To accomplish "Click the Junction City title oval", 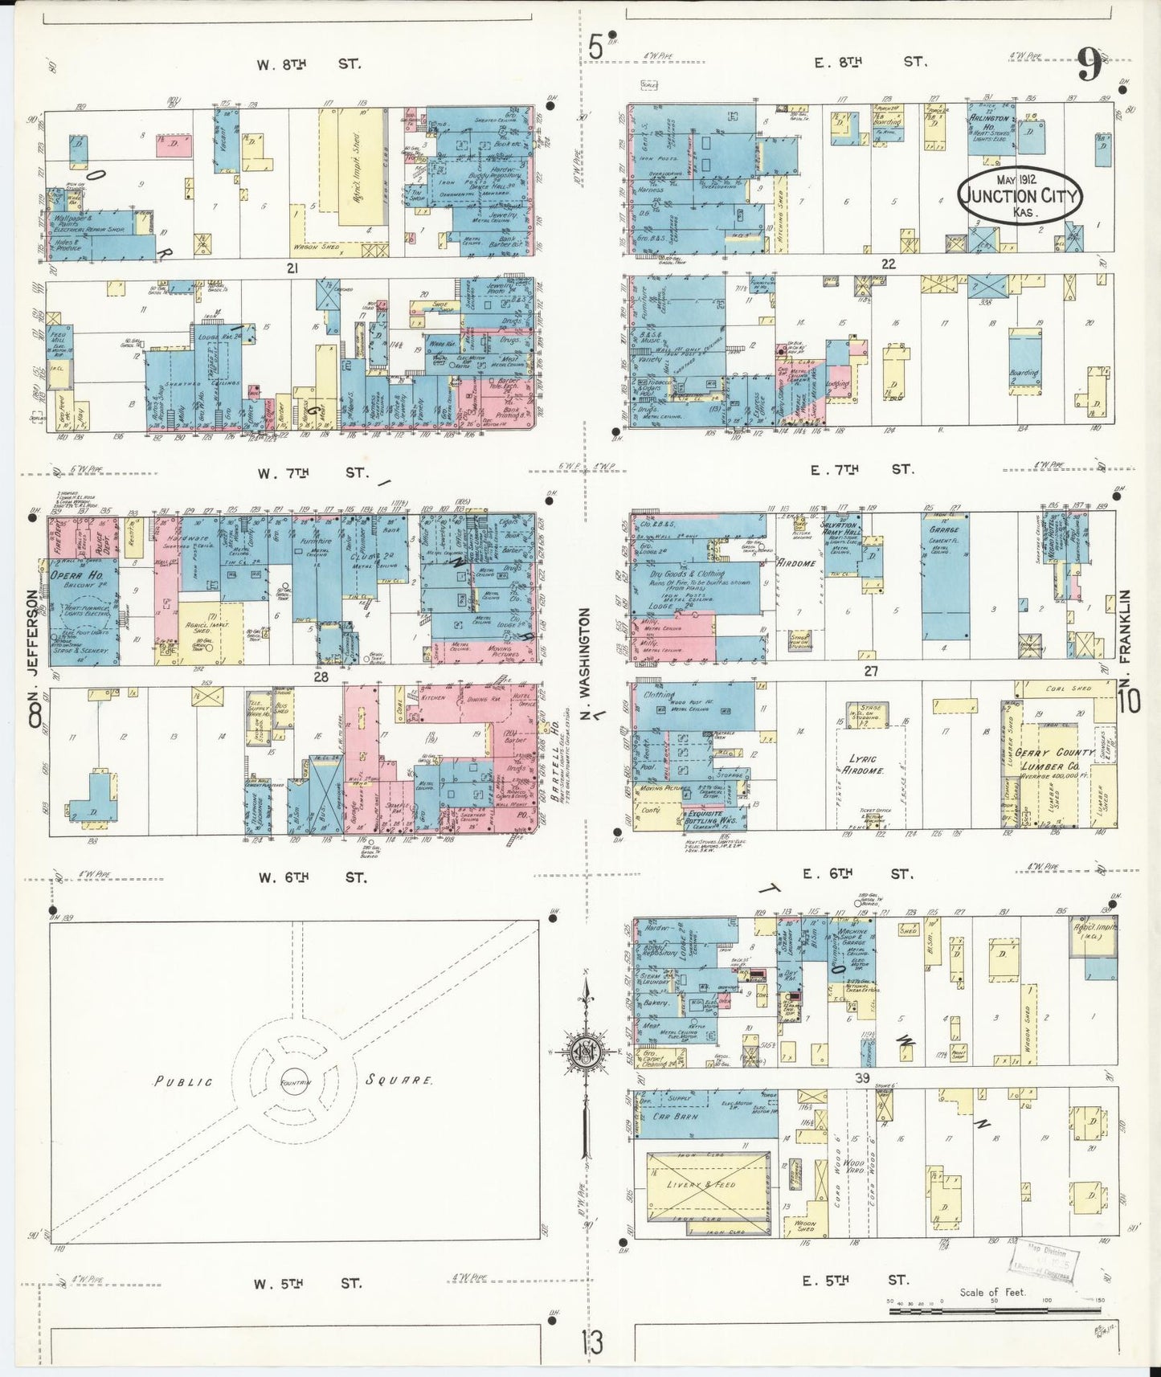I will point(1020,195).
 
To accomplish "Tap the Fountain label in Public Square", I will point(295,1083).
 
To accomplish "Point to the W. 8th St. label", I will point(309,64).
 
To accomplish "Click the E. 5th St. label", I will point(855,1281).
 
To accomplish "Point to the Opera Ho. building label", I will point(76,576).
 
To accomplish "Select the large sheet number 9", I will point(1089,65).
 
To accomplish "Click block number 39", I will point(862,1078).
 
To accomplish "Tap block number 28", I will point(321,677).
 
